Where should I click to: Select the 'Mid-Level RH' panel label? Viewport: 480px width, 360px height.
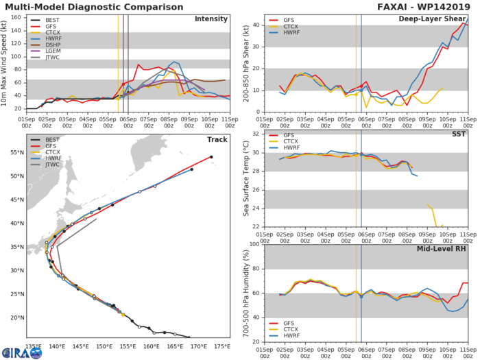tap(443, 249)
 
